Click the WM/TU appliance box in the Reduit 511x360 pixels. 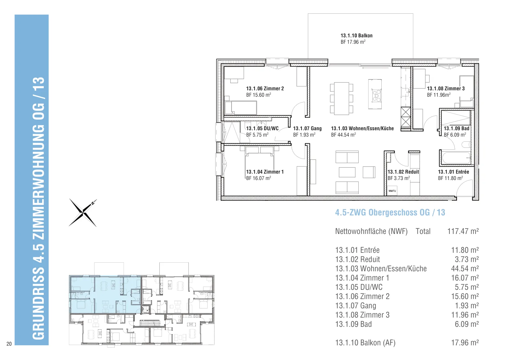(392, 191)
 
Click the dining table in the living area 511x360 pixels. (341, 98)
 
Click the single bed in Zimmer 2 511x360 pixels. (241, 108)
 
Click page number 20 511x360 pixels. (9, 344)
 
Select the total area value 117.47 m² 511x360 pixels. (463, 231)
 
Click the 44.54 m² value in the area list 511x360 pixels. (465, 269)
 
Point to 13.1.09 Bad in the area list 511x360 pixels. (353, 324)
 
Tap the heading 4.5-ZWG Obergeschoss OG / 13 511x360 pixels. (390, 213)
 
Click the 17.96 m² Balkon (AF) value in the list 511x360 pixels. (465, 343)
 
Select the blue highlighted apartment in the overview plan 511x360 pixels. (105, 295)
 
